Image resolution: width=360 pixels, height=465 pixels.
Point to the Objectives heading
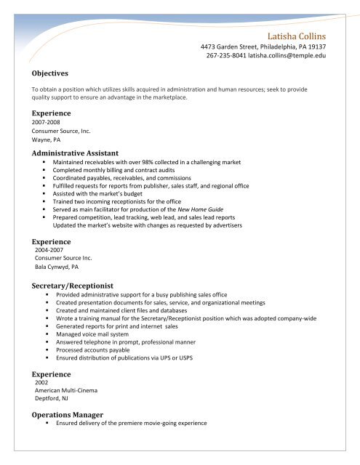(x=50, y=73)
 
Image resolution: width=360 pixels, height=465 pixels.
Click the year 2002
(x=42, y=380)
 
